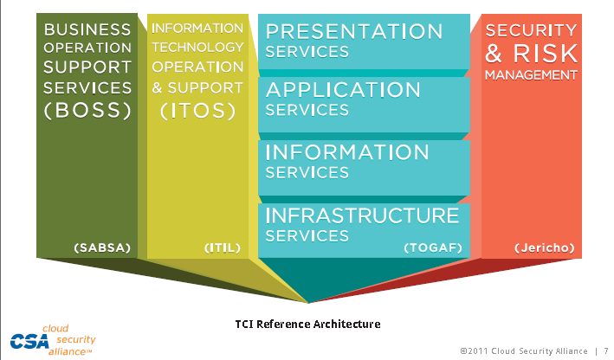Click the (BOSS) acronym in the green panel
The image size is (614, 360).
click(87, 111)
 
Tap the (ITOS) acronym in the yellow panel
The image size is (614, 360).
click(197, 111)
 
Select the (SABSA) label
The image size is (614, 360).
click(102, 247)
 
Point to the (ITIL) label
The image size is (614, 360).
click(223, 247)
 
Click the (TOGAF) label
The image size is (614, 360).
click(433, 247)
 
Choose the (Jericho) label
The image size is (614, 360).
click(545, 247)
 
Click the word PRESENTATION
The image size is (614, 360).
click(354, 32)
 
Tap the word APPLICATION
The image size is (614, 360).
click(343, 90)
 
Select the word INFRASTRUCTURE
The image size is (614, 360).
click(362, 215)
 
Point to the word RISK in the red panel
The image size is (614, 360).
click(546, 53)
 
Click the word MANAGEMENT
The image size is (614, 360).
click(531, 75)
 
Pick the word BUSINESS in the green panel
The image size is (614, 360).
click(87, 29)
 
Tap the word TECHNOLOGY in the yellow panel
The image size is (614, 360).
click(197, 48)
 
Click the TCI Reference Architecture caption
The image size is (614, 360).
click(307, 324)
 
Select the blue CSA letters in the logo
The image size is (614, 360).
click(29, 342)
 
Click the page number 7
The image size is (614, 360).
click(606, 351)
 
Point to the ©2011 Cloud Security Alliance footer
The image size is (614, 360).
click(524, 351)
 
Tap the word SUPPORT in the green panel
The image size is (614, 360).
click(87, 67)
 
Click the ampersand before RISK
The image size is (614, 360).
click(494, 53)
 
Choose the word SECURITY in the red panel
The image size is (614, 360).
click(531, 30)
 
